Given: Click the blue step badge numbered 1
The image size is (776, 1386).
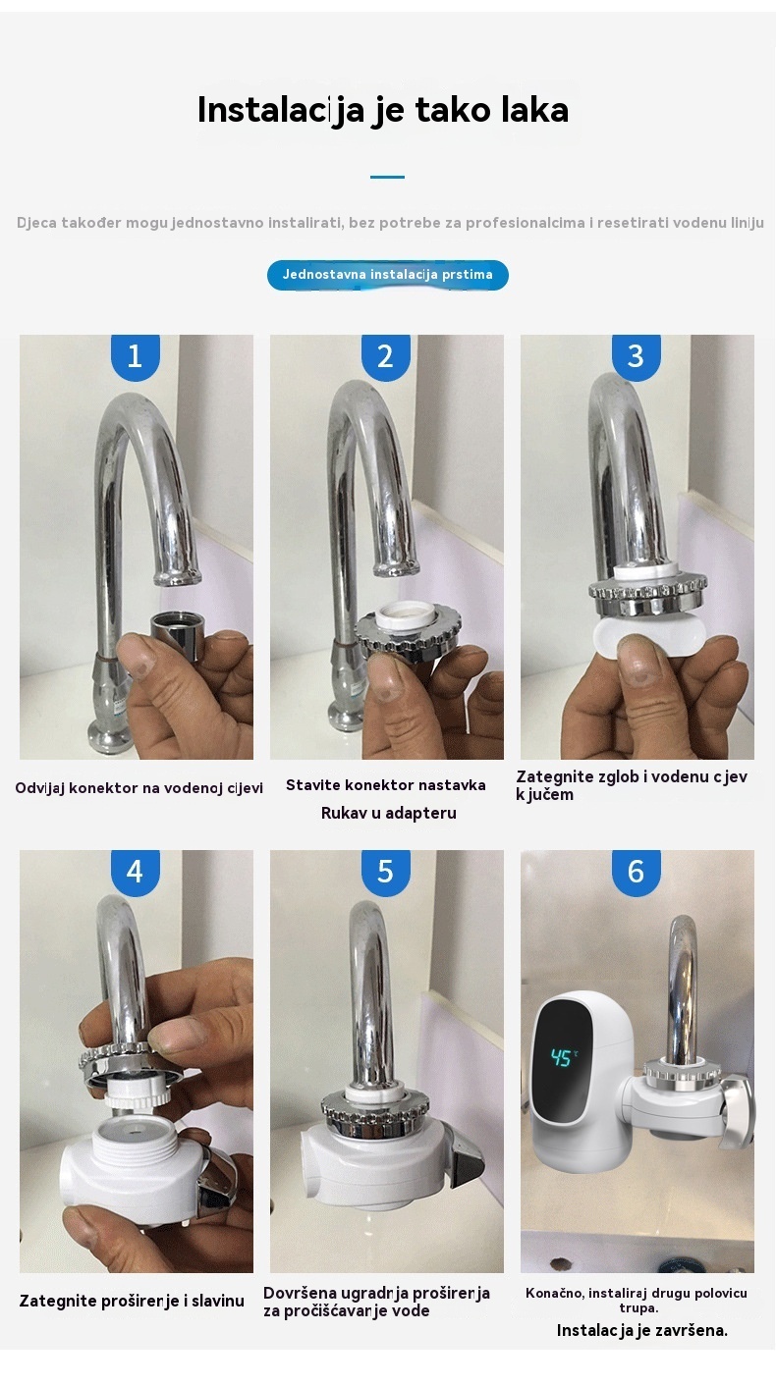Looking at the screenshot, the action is click(x=135, y=357).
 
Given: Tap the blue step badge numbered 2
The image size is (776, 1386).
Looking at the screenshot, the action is click(x=385, y=357).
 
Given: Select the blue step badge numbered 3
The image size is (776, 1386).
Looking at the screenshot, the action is click(x=637, y=357).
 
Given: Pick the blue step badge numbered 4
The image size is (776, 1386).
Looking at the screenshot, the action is click(x=135, y=873).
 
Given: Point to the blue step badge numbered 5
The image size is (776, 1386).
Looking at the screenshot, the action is click(x=385, y=873).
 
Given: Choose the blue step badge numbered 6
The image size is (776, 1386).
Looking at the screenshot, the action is click(x=637, y=873).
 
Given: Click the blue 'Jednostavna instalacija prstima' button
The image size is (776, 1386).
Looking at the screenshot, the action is click(x=388, y=275).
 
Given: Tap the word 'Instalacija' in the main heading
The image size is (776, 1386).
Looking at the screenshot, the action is click(x=281, y=111).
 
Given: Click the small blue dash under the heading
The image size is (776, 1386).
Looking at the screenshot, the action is click(x=387, y=177).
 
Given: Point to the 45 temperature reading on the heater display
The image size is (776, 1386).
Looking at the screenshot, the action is click(x=562, y=1057).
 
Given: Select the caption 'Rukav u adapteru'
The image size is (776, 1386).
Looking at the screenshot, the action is click(x=388, y=813).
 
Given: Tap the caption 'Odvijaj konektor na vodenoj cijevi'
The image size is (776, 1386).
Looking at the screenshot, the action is click(x=139, y=787).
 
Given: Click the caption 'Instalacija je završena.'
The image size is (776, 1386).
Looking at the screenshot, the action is click(x=642, y=1330).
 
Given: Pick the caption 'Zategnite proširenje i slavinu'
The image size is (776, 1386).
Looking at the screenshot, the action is click(x=132, y=1301).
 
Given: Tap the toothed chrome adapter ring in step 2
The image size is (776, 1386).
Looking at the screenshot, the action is click(x=408, y=632).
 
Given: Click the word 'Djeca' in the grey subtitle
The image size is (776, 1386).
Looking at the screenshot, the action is click(x=36, y=223).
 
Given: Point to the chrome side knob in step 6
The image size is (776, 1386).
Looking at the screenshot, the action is click(x=738, y=1110).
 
